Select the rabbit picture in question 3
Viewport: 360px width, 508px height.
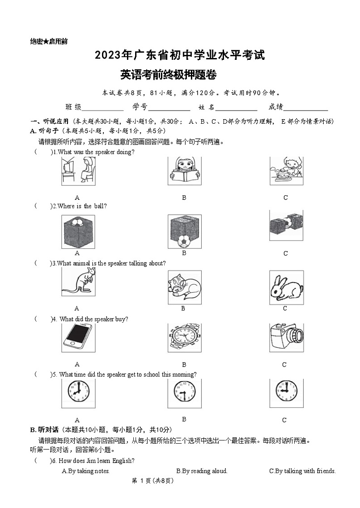286,287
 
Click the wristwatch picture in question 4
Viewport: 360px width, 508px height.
184,338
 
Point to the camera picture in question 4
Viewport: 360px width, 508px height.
286,338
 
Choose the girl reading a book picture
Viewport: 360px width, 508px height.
184,172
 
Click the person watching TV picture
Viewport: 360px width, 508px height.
78,171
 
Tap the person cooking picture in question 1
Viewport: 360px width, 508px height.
286,171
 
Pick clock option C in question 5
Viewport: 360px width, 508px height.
286,392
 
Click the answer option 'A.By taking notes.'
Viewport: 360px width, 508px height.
86,471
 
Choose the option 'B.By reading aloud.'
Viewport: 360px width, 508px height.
202,471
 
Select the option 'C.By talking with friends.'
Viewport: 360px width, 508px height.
302,471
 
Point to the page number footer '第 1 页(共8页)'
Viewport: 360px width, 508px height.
152,481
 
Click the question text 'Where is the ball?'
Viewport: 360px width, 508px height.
82,206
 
